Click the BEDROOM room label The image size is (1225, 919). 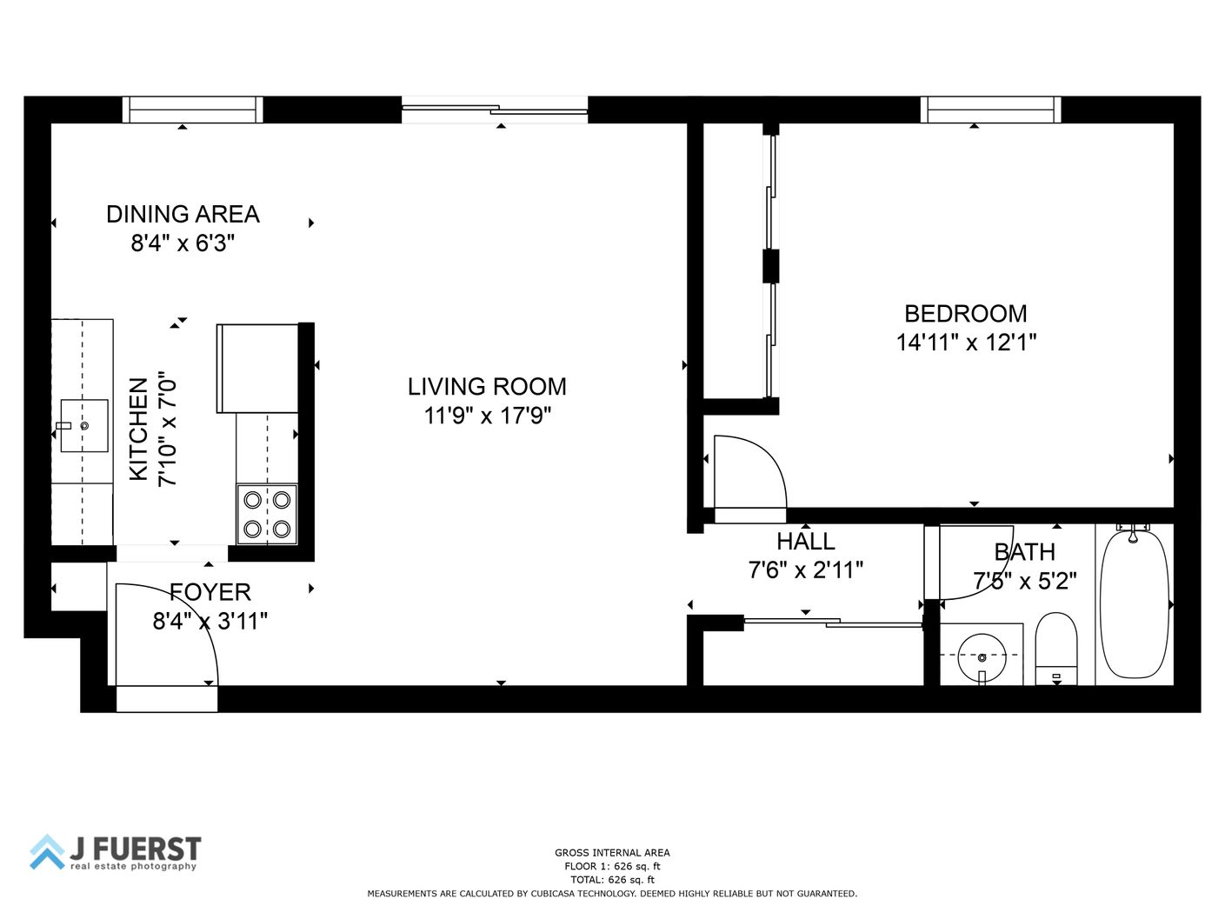tap(965, 314)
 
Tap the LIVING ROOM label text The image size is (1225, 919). tap(487, 387)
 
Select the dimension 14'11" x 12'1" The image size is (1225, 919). tap(966, 342)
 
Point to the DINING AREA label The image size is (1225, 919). tap(183, 214)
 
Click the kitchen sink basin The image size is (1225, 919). tap(84, 425)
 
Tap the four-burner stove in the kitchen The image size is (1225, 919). tap(267, 514)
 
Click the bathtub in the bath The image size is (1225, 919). tap(1134, 605)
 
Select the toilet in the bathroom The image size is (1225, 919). tap(1056, 649)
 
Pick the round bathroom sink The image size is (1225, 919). tap(982, 657)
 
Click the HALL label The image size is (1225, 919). tap(805, 542)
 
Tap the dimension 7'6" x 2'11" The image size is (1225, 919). tap(805, 570)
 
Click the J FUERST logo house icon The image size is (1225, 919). tap(48, 852)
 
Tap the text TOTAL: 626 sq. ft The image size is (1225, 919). tap(612, 879)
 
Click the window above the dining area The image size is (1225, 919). tap(192, 110)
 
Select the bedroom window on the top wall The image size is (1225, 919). tap(990, 110)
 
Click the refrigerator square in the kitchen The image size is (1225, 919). tap(257, 369)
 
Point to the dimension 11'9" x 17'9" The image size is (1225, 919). tap(487, 416)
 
